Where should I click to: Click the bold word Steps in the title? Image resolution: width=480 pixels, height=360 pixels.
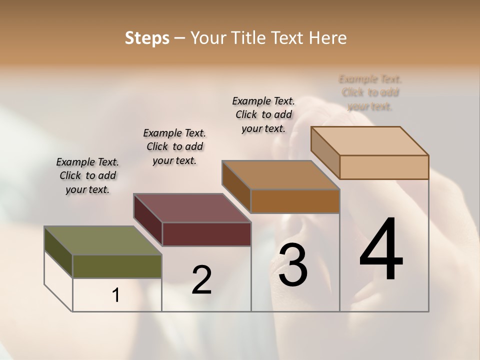pos(147,38)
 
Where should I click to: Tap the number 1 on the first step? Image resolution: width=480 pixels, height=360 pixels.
pos(116,295)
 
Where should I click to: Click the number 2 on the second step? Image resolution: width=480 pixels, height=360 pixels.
pos(201,280)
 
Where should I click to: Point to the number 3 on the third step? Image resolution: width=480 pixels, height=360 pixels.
pos(293,265)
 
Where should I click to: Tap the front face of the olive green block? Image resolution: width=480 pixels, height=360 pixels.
pos(117,266)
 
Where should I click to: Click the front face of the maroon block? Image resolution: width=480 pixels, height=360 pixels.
pos(206,234)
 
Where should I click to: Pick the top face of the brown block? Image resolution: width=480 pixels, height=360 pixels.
pos(280,175)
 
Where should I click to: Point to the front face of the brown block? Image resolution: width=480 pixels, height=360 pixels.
pos(295,201)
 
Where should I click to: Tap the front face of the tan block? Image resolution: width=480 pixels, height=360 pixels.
pos(384,167)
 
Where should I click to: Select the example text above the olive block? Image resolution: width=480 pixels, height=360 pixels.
pos(87,175)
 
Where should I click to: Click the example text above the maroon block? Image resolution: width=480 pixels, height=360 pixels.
pos(174,146)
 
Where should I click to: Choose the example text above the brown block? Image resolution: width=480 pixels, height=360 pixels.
pos(263,114)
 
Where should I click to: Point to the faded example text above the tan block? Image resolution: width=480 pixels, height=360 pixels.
pos(370,92)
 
